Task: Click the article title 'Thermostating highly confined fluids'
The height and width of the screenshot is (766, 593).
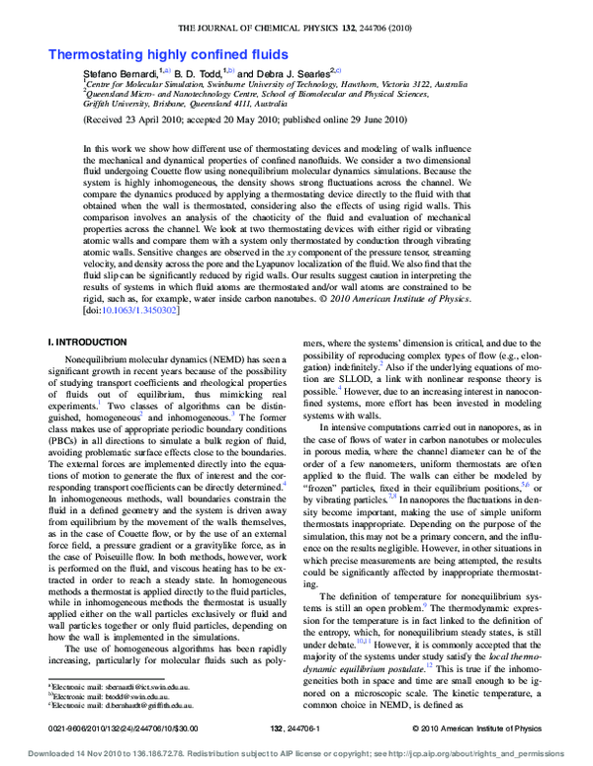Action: (x=169, y=54)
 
